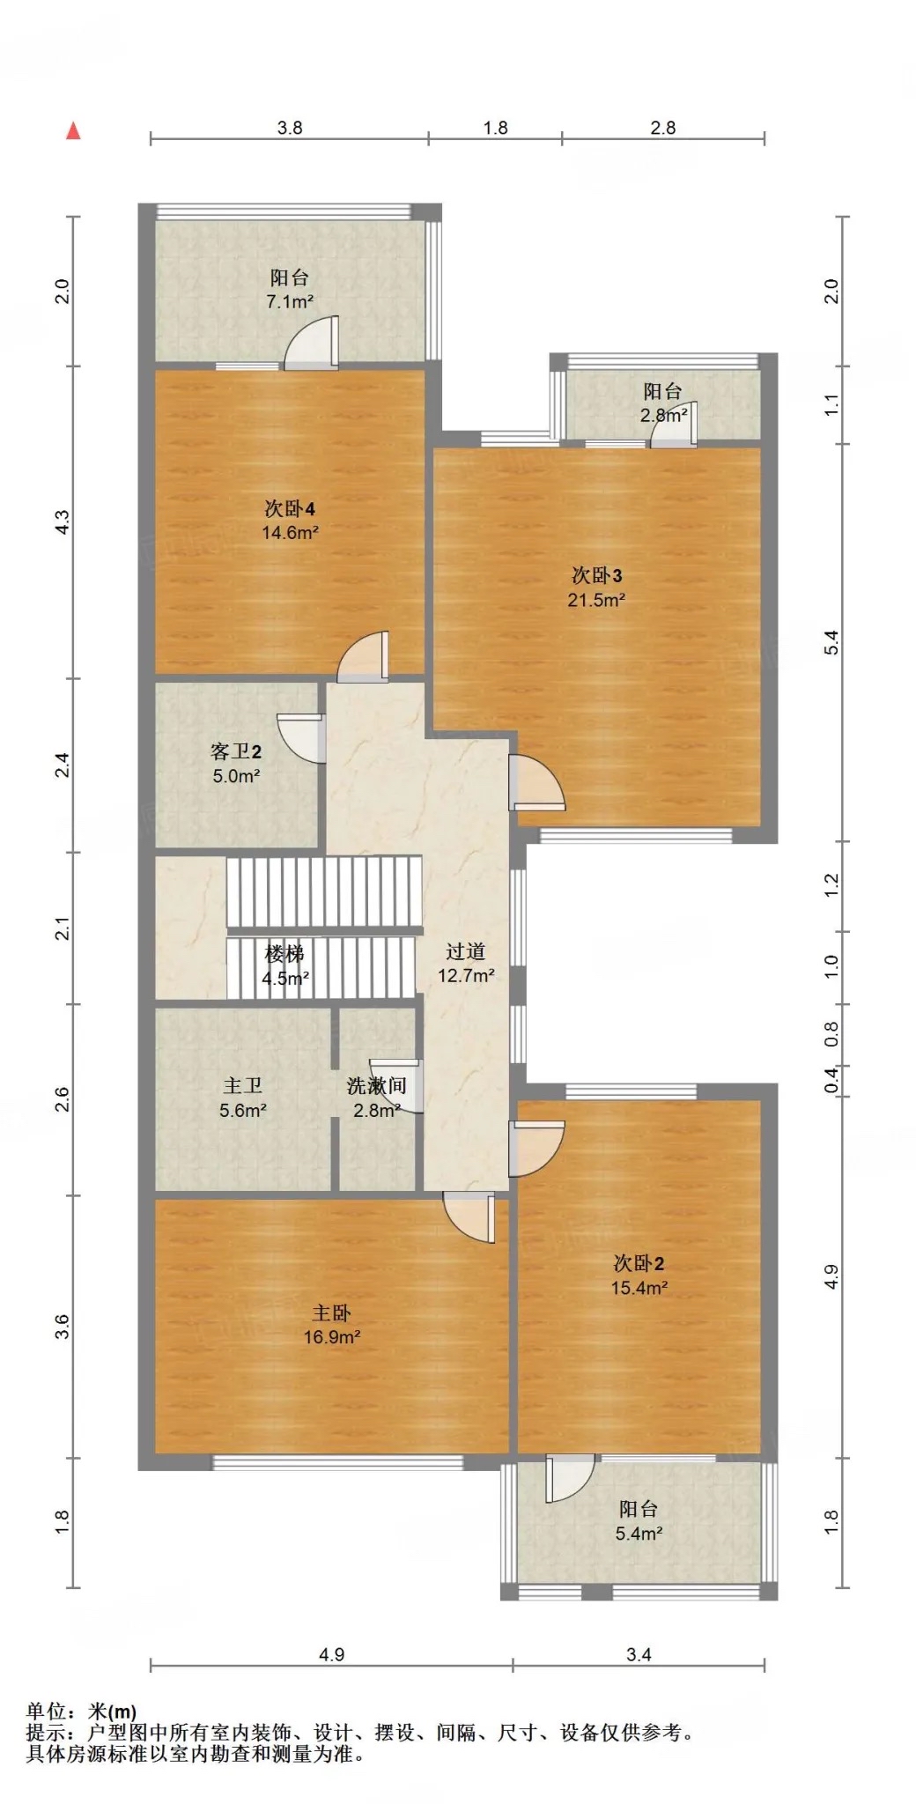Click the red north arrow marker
point(74,130)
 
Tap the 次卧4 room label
point(290,509)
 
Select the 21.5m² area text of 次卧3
point(596,601)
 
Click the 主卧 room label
point(331,1313)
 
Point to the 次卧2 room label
point(639,1263)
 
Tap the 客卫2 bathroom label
point(236,751)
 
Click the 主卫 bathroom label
point(242,1086)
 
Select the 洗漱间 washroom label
point(376,1086)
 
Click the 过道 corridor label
point(465,951)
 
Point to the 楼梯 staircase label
point(284,954)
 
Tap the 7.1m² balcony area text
point(290,302)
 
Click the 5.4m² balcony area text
point(639,1534)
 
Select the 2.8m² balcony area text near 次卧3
point(663,415)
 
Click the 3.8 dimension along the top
point(290,128)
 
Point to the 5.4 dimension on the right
point(831,642)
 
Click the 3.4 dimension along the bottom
point(639,1654)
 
